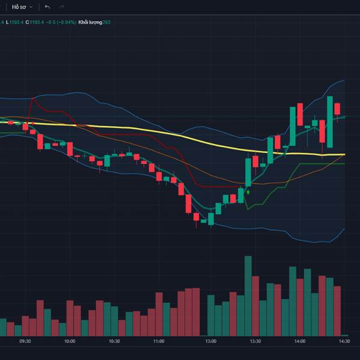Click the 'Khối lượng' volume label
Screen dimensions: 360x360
coord(89,22)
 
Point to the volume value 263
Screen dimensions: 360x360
coord(106,22)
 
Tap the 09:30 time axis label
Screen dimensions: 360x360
coord(25,341)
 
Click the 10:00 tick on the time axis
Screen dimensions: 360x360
coord(70,341)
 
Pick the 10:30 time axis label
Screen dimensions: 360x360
coord(114,341)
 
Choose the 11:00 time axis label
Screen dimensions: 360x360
coord(158,341)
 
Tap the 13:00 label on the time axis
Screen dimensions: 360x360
coord(211,341)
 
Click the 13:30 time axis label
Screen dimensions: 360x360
coord(255,341)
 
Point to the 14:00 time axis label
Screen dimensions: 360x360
coord(299,341)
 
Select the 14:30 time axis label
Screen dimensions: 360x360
coord(344,341)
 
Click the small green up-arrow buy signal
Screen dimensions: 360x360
coord(248,193)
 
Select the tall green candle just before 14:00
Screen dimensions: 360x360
coord(292,125)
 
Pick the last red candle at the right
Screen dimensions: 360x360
coord(337,109)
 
